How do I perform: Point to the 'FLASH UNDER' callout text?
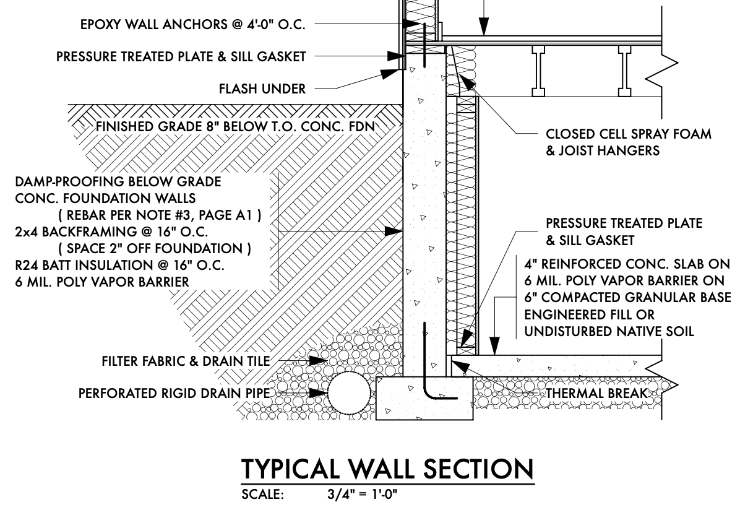(262, 89)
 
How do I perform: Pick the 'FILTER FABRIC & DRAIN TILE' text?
(186, 361)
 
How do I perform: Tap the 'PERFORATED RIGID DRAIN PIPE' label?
(176, 393)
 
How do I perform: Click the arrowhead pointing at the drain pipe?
(319, 393)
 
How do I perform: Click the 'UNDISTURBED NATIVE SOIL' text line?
(609, 332)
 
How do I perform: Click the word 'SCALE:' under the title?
(262, 496)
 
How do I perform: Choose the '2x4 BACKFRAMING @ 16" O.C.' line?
(111, 232)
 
